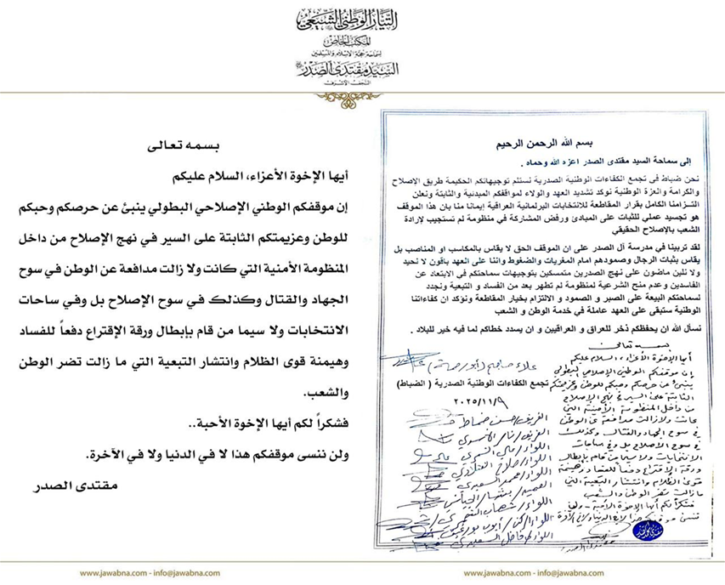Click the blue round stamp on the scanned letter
(x=650, y=530)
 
